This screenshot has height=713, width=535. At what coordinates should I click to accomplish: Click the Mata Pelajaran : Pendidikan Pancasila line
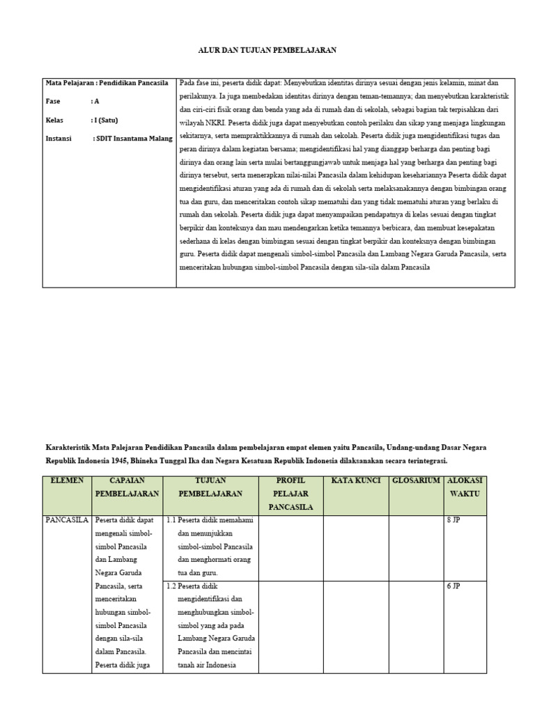pos(107,82)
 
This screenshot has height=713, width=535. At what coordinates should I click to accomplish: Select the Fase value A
pos(97,101)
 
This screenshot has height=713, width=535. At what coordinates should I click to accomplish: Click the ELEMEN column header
pos(67,480)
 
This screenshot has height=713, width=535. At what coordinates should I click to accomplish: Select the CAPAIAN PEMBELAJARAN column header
pos(127,487)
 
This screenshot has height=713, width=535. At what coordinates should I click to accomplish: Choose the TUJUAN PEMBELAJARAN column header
pos(210,487)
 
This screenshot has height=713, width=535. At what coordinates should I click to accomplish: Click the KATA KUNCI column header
pos(355,480)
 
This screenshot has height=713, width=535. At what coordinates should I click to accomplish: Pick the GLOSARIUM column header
pos(416,480)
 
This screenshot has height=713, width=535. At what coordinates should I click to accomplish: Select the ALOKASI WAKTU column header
pos(465,487)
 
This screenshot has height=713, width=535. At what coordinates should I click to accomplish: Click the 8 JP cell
pos(453,519)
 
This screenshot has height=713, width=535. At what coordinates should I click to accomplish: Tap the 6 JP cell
pos(453,586)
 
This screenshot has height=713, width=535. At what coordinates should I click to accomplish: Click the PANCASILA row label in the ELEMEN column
pos(67,519)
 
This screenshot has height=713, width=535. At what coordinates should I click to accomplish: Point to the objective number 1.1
pos(171,519)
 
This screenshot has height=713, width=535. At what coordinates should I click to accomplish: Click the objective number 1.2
pos(171,586)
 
